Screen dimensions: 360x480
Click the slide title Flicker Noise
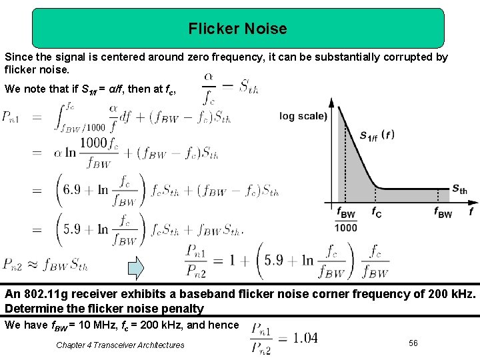pyautogui.click(x=237, y=29)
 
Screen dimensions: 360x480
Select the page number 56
pyautogui.click(x=413, y=343)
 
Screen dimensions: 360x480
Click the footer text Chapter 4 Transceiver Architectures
pyautogui.click(x=120, y=345)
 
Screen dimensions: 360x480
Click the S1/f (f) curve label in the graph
pyautogui.click(x=377, y=135)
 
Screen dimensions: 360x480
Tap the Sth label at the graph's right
pyautogui.click(x=459, y=189)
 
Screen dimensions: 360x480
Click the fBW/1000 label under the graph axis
pyautogui.click(x=346, y=221)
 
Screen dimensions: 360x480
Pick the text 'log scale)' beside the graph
pyautogui.click(x=303, y=116)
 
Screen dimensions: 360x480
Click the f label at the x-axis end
pyautogui.click(x=471, y=213)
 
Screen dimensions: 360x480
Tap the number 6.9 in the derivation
pyautogui.click(x=72, y=189)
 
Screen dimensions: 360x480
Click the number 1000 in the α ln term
pyautogui.click(x=93, y=142)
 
